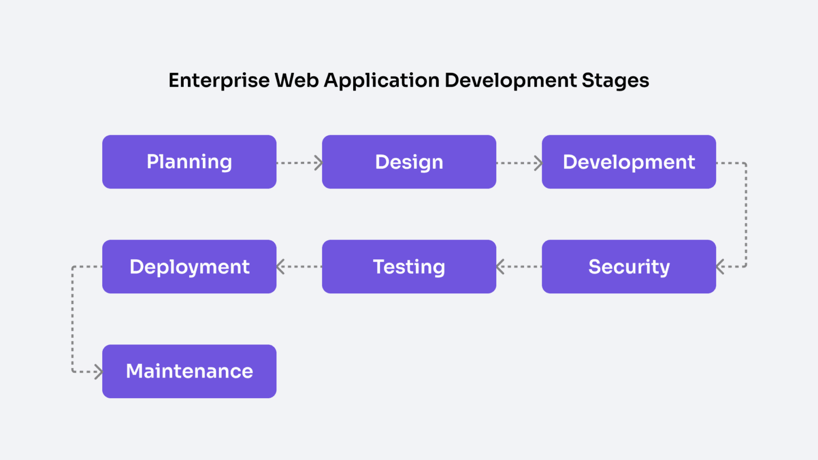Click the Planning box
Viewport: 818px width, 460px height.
click(189, 162)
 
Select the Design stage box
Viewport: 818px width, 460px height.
click(409, 162)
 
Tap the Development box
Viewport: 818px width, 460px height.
click(629, 162)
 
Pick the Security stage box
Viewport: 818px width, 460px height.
click(629, 267)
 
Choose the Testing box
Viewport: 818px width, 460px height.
click(409, 267)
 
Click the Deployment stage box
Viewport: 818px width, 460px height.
click(189, 267)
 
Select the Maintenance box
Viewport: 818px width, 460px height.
click(189, 371)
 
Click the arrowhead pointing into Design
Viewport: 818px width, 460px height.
click(318, 163)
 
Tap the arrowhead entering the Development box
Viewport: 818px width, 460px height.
click(538, 163)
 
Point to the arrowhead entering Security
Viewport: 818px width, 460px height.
click(721, 267)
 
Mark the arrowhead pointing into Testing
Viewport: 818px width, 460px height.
click(500, 267)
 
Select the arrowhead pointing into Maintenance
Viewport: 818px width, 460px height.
click(99, 372)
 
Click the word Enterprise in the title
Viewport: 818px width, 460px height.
click(219, 81)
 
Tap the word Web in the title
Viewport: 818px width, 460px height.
click(296, 81)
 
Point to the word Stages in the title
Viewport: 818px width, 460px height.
click(615, 81)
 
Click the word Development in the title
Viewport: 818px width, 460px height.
click(510, 81)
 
